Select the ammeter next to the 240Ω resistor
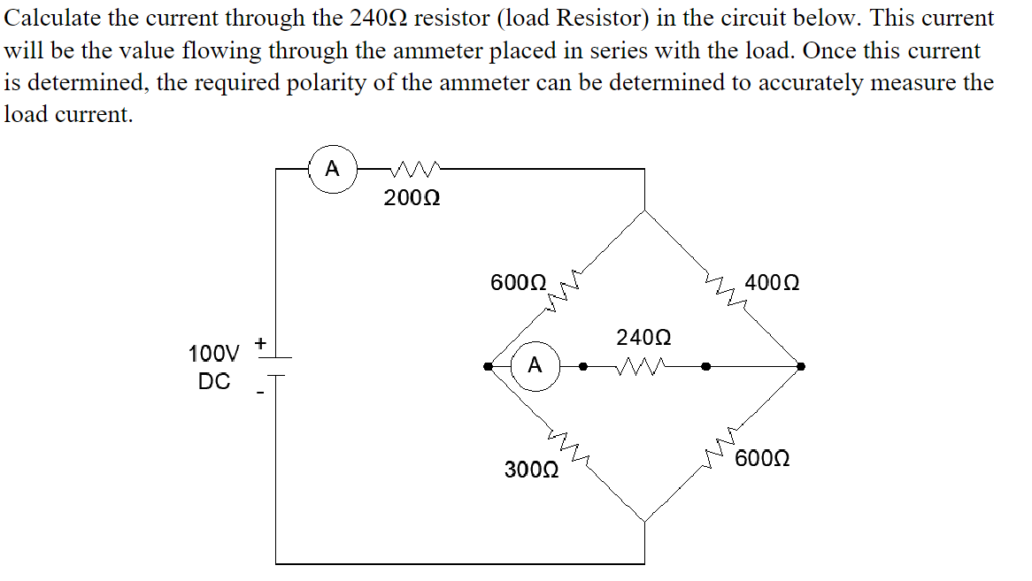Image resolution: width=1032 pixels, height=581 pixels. coord(535,365)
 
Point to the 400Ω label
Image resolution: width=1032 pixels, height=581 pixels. coord(773,284)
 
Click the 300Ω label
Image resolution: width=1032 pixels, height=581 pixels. coord(531,469)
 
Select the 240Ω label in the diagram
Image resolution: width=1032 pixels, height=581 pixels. coord(643,338)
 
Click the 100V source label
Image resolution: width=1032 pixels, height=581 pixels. coord(213,355)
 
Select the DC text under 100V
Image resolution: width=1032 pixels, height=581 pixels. coord(214,382)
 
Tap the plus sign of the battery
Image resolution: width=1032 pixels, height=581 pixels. coord(261,341)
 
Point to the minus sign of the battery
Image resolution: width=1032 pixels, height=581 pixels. coord(260,394)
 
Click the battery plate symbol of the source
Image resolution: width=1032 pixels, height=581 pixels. coord(276,366)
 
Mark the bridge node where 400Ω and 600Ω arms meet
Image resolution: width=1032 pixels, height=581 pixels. coord(800,365)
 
